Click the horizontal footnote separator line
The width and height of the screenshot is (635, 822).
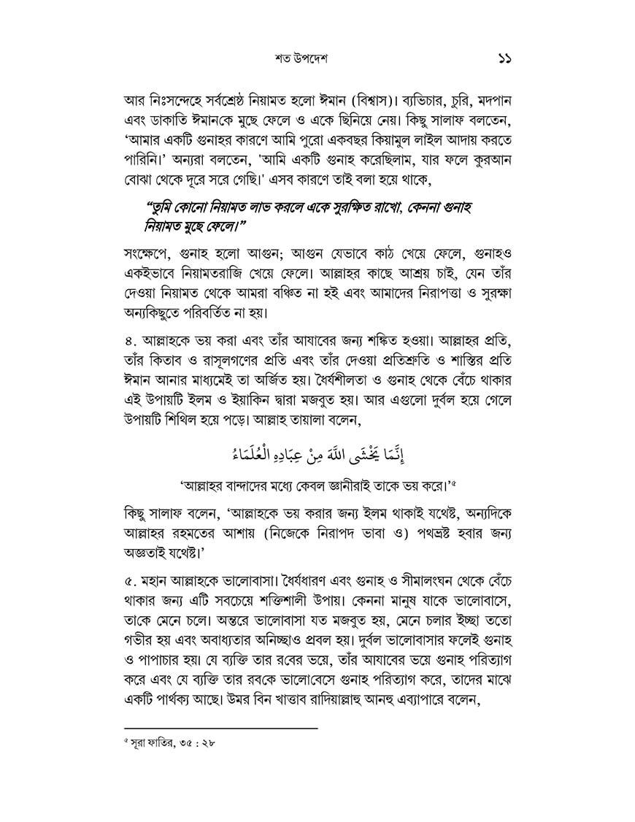222,728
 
